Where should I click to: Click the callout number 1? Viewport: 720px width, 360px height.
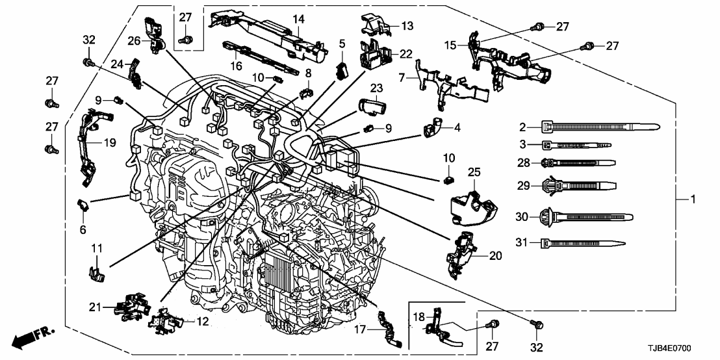(x=693, y=200)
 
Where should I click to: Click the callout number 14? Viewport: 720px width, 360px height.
(x=298, y=19)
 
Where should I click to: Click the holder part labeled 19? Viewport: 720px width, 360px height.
(x=86, y=146)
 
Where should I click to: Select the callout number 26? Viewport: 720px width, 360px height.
(x=134, y=40)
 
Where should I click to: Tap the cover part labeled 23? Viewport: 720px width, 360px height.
(x=372, y=105)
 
